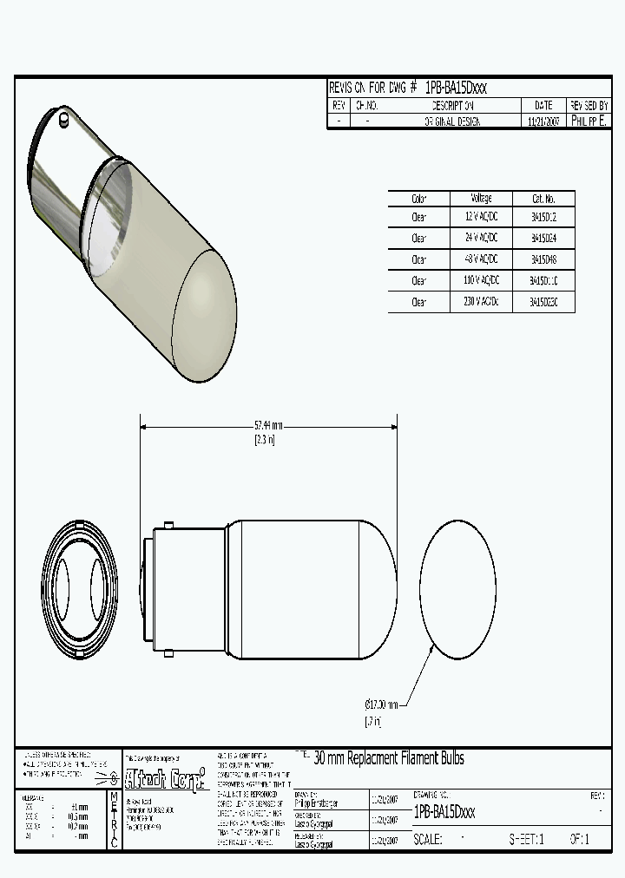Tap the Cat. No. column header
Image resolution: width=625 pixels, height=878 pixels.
point(543,199)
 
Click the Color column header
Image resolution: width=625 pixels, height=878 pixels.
point(419,199)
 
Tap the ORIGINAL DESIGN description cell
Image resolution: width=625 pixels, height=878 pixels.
point(451,122)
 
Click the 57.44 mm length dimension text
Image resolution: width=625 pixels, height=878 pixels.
point(268,426)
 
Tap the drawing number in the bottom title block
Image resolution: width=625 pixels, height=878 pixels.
point(444,812)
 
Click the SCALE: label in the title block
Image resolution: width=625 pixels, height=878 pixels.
point(427,840)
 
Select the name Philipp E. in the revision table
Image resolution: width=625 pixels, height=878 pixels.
point(589,121)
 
